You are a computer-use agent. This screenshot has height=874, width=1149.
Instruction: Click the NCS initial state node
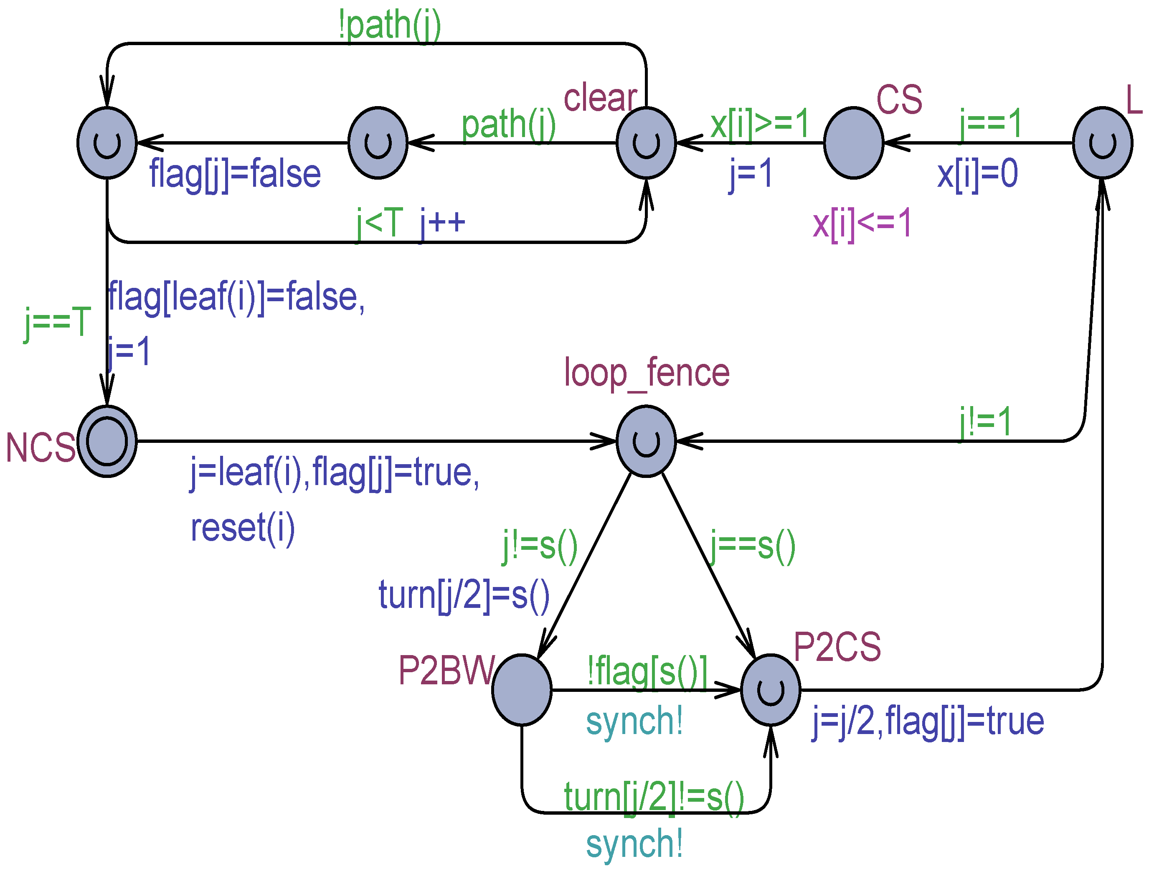point(107,441)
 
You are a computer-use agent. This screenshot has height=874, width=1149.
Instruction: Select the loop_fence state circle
point(646,441)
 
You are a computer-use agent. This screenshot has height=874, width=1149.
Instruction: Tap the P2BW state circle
point(522,690)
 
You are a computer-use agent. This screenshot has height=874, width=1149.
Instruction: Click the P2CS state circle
point(770,690)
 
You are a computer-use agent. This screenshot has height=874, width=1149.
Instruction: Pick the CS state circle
point(854,143)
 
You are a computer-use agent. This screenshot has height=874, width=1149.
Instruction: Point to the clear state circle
point(646,143)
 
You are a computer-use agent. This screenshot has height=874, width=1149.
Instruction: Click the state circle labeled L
point(1103,143)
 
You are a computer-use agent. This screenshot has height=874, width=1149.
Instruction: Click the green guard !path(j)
point(389,25)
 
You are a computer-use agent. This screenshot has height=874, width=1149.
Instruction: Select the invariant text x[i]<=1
point(862,224)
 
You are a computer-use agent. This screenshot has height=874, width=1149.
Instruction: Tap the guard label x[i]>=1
point(759,124)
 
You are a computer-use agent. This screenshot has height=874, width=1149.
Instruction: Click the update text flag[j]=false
point(235,174)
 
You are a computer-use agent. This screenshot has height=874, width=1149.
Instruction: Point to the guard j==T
point(57,323)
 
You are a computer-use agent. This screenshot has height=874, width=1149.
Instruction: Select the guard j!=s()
point(540,546)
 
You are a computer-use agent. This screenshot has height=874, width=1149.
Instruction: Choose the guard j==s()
point(753,546)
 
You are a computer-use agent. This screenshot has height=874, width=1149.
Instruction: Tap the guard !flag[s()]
point(647,671)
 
